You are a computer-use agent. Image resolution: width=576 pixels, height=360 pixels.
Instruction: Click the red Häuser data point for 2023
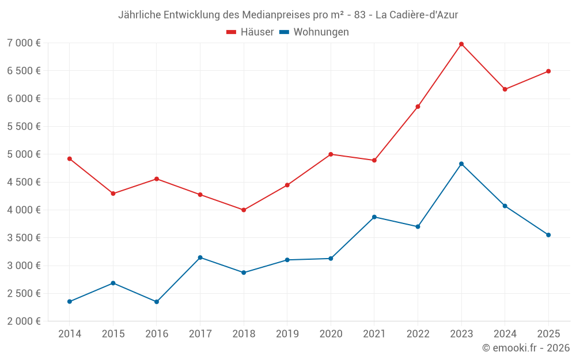point(461,44)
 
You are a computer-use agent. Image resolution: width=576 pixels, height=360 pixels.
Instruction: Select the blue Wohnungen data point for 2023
point(461,164)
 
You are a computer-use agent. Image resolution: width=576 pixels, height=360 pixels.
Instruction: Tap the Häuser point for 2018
point(244,210)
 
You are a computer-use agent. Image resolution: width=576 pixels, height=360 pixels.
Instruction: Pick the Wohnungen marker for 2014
point(70,301)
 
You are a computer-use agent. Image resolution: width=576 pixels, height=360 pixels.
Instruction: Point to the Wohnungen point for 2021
point(374,217)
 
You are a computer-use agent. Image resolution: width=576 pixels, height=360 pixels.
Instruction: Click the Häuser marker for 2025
point(548,71)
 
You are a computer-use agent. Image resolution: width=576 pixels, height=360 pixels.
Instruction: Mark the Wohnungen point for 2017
point(200,257)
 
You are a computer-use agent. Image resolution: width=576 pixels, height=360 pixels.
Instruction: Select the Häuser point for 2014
point(70,158)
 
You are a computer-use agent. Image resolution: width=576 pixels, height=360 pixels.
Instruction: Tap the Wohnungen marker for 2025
point(548,234)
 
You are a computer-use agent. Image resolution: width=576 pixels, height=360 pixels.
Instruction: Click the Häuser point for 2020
point(331,154)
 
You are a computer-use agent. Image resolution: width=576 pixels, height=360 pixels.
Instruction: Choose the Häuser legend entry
point(250,32)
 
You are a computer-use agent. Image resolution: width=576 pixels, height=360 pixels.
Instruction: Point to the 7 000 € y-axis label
point(24,43)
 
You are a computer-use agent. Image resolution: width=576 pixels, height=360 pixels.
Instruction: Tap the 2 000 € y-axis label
point(24,321)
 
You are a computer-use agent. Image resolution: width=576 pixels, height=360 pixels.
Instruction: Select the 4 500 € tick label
point(24,182)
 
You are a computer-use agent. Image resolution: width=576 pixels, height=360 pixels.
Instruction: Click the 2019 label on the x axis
point(287,334)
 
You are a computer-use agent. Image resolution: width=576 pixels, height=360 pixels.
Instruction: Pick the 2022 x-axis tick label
point(418,334)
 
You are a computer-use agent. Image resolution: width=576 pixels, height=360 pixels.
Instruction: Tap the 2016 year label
point(156,334)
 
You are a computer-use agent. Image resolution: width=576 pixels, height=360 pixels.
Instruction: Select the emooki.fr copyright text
point(526,348)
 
